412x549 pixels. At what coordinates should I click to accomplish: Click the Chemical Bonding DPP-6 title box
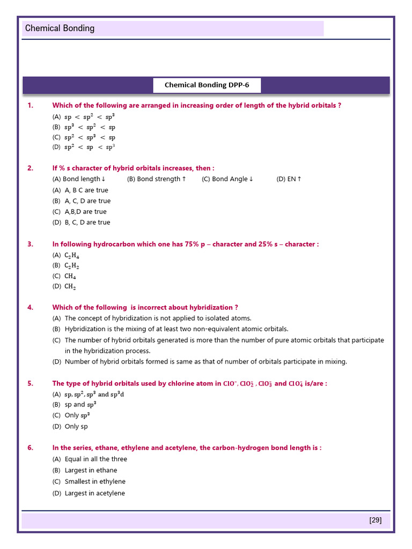207,85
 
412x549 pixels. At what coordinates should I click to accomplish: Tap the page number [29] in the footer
376,520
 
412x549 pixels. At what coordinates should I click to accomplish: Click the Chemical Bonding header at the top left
60,28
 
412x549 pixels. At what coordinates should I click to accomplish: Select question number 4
30,307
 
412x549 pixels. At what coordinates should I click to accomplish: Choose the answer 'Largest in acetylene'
95,493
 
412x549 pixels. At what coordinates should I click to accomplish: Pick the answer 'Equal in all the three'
96,459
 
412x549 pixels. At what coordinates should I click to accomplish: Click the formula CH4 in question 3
70,276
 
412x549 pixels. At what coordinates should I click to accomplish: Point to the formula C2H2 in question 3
72,265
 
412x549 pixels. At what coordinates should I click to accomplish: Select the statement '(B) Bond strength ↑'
157,179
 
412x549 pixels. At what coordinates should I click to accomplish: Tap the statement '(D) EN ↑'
289,179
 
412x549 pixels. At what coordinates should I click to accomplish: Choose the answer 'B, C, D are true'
87,222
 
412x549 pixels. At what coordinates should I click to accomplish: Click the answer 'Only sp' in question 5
76,427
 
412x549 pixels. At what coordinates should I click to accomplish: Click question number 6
30,448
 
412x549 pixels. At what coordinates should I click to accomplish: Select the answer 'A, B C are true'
86,190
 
